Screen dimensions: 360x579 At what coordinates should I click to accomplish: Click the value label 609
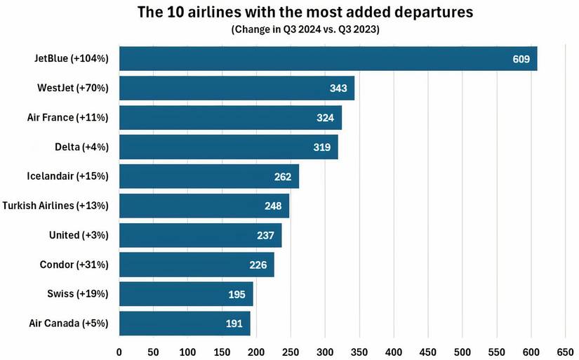coord(521,59)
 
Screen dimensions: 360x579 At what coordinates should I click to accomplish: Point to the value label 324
coord(325,118)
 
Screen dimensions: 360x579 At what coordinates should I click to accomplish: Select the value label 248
coord(273,206)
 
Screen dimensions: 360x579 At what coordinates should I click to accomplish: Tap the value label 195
coord(237,295)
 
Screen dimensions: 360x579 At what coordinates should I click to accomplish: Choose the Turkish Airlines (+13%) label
coord(55,206)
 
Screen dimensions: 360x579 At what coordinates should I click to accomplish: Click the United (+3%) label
coord(79,235)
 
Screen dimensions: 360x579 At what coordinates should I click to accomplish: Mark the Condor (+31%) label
coord(74,265)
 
